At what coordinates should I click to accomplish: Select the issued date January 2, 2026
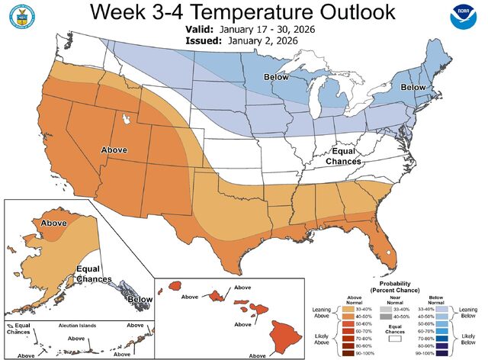point(267,41)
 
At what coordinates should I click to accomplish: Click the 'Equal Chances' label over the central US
point(342,156)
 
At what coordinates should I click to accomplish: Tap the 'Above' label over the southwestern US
point(114,150)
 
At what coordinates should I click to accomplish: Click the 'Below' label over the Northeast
point(413,88)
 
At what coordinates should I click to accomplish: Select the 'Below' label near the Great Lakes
point(276,78)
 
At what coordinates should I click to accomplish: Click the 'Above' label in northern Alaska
point(53,223)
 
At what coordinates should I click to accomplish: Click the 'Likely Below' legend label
point(467,338)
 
